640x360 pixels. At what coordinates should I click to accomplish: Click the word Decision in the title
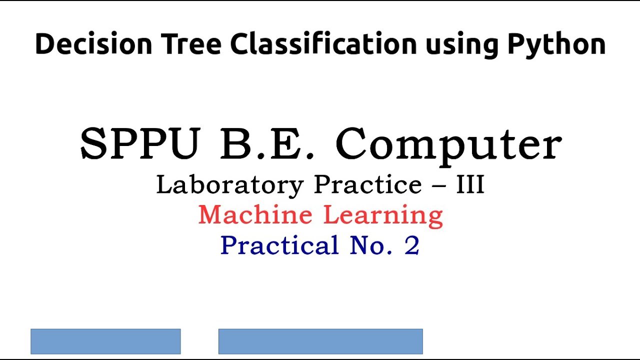93,44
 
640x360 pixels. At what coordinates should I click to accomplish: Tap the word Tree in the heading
190,44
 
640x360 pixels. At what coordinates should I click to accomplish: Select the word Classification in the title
323,44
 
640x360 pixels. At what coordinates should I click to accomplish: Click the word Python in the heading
556,45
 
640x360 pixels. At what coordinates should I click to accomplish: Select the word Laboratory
230,185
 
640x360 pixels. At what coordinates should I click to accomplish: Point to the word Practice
368,185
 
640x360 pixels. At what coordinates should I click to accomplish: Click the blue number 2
412,245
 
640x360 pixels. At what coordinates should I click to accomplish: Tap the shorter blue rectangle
105,341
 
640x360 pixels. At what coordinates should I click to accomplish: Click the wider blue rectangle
320,341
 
